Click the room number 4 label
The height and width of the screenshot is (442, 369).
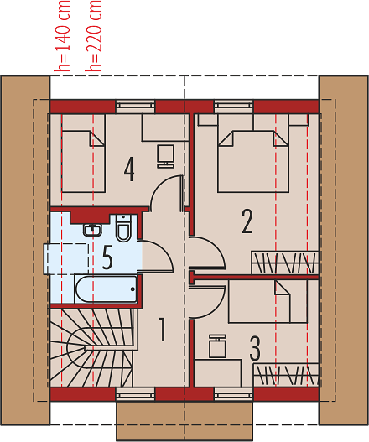tap(129, 169)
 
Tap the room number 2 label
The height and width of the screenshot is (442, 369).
tap(247, 221)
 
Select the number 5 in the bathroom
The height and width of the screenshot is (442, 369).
tap(107, 257)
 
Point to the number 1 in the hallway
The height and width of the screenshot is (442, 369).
tap(162, 330)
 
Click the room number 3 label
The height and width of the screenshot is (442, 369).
tap(255, 348)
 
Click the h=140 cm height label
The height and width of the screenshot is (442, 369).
tap(62, 36)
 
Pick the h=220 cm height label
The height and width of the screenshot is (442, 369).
tap(93, 36)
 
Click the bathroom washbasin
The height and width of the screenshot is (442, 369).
tap(92, 230)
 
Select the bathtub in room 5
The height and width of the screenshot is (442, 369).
tap(106, 289)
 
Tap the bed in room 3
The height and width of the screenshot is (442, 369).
tap(268, 301)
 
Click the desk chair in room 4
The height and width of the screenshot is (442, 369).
tap(165, 157)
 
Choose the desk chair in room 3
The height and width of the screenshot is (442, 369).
tap(217, 346)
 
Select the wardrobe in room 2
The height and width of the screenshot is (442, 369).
tap(285, 263)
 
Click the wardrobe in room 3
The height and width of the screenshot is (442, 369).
tap(286, 375)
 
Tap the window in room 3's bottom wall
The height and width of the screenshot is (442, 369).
tap(233, 394)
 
